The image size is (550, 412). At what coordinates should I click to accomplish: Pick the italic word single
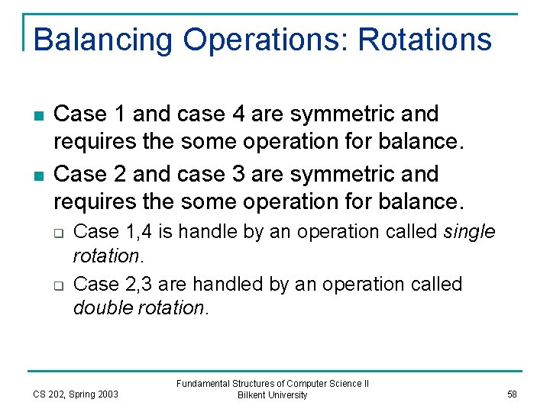(469, 231)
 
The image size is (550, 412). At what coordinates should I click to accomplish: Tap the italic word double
(103, 308)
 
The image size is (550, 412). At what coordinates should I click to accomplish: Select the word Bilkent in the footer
(252, 395)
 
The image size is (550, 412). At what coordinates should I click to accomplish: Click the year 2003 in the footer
(108, 394)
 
